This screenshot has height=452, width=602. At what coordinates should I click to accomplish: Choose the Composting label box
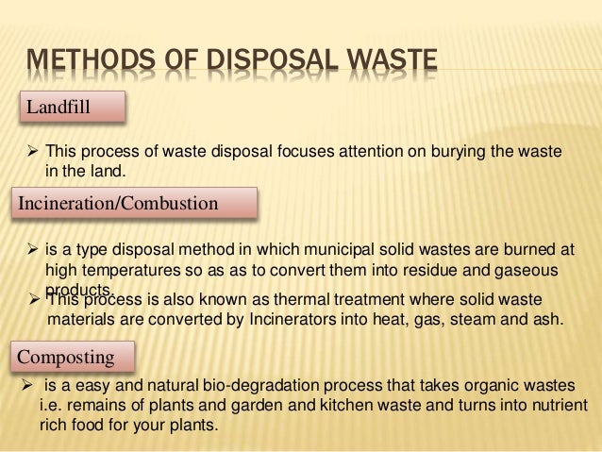tap(74, 357)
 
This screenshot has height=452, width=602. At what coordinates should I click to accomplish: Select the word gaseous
tap(530, 270)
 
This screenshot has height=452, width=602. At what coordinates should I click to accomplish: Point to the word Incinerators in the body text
tap(292, 319)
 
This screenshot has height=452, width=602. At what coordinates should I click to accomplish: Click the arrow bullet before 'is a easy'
tap(26, 387)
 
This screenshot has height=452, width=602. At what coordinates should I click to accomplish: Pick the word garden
tap(243, 406)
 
